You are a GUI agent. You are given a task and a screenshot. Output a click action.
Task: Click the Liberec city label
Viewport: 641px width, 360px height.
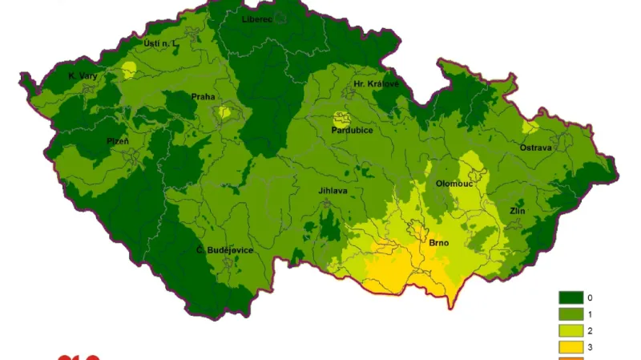[x=258, y=18]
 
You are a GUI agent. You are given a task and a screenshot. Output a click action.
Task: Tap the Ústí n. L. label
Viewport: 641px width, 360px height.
[x=159, y=42]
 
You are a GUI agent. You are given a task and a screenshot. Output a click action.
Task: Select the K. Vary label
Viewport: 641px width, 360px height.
[x=83, y=76]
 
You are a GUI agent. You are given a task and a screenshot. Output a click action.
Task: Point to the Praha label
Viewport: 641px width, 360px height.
[x=203, y=97]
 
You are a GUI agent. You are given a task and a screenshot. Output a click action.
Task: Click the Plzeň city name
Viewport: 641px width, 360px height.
[x=118, y=141]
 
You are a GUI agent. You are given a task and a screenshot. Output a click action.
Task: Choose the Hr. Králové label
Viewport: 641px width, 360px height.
[x=376, y=83]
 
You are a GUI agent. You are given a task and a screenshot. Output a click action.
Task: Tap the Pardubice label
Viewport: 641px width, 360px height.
[x=353, y=130]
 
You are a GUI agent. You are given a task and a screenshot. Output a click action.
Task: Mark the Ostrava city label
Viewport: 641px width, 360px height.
[x=535, y=148]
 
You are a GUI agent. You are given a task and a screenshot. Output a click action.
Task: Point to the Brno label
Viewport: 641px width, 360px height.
[x=438, y=242]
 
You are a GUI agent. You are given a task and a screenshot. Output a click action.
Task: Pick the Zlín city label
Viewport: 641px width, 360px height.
[x=517, y=211]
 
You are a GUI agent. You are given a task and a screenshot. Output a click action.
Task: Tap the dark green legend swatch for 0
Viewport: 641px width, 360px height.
[x=571, y=297]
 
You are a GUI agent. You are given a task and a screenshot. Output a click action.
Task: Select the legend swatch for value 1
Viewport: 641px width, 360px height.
[x=571, y=313]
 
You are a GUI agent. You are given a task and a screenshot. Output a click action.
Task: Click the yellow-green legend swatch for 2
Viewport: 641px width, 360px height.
[x=571, y=330]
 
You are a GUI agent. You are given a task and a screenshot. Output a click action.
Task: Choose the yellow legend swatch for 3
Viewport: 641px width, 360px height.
[x=571, y=346]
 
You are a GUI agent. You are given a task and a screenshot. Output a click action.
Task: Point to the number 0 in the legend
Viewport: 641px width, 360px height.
[x=591, y=297]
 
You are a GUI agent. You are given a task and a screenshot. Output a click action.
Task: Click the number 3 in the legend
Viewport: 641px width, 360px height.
[x=591, y=346]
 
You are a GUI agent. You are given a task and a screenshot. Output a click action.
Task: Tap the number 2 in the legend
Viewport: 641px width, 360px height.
[x=591, y=330]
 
